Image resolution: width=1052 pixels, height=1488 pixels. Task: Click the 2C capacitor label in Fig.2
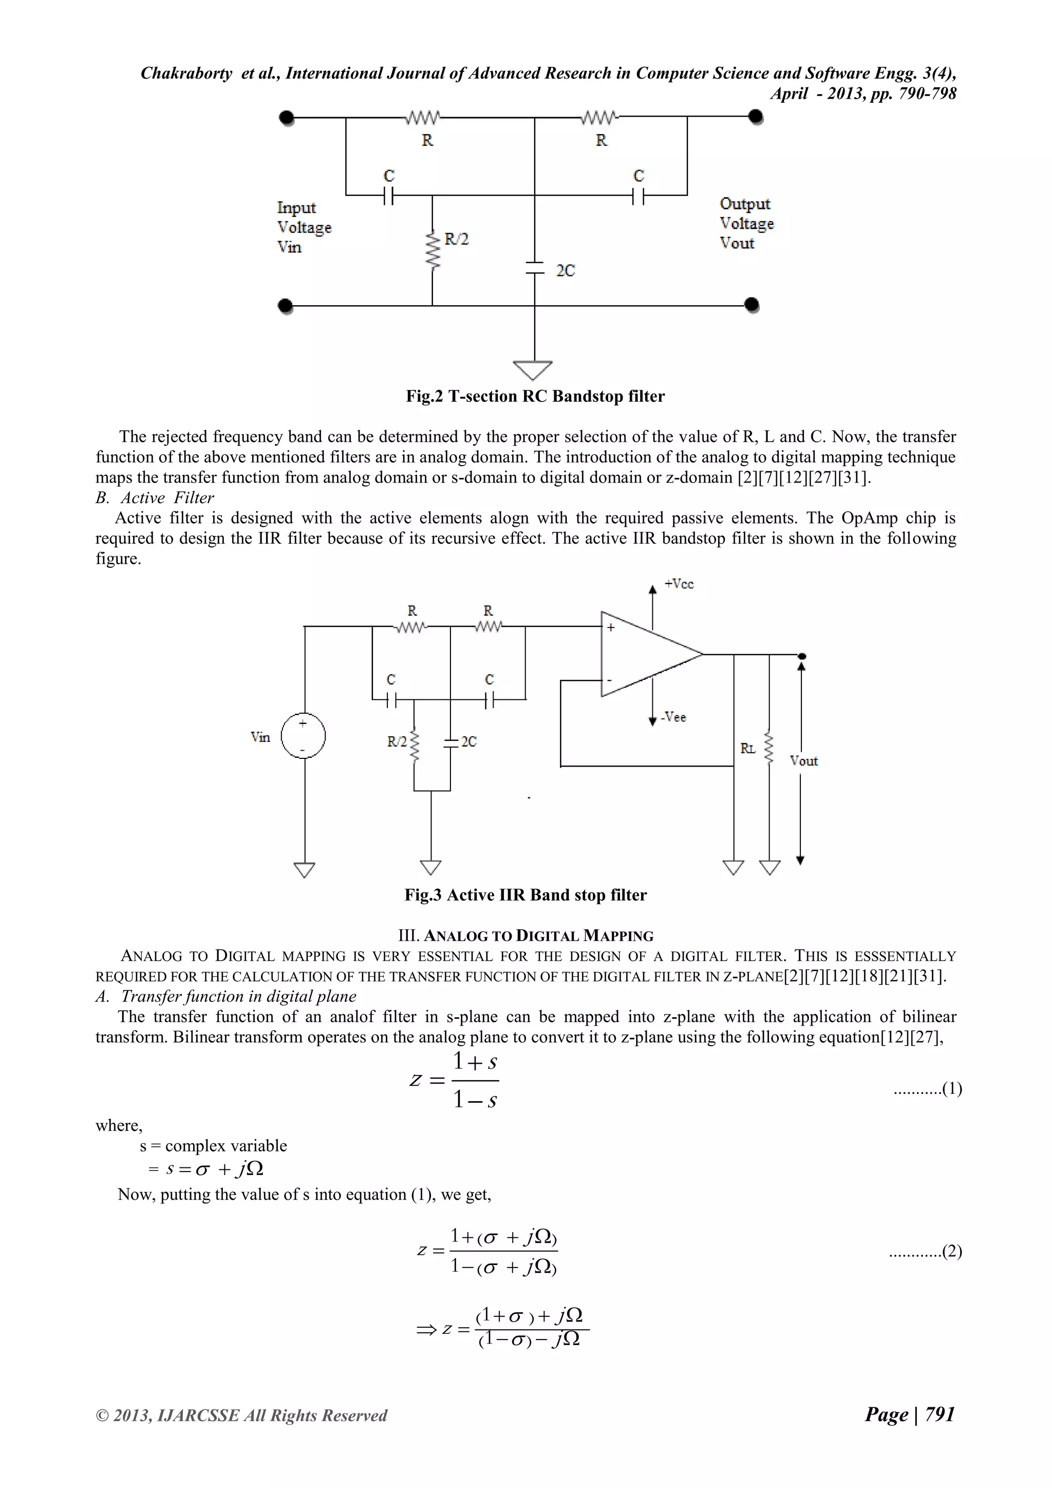(565, 271)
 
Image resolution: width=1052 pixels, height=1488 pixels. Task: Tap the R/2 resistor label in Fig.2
(456, 239)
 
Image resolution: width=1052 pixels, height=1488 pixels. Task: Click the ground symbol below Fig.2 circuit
(533, 369)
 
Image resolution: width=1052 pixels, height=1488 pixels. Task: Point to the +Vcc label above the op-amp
(679, 584)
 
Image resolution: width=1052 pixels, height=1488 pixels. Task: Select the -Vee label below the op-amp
(674, 717)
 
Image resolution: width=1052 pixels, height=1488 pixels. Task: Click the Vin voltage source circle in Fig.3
(303, 736)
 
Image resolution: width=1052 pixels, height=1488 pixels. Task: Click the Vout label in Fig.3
(804, 761)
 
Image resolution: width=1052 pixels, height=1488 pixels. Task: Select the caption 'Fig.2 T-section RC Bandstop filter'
(535, 396)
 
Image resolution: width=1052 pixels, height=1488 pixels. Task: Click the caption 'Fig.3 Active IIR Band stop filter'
(525, 895)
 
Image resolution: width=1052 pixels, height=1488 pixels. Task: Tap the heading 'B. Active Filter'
(155, 498)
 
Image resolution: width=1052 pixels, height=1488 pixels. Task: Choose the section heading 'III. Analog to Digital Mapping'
(525, 936)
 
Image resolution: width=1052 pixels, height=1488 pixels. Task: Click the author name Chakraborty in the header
(186, 73)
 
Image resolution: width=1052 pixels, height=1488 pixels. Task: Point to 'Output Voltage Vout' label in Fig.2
(746, 224)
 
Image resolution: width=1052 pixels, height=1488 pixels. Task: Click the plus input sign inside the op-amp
(610, 627)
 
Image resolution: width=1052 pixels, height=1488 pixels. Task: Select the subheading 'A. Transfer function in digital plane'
(226, 996)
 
